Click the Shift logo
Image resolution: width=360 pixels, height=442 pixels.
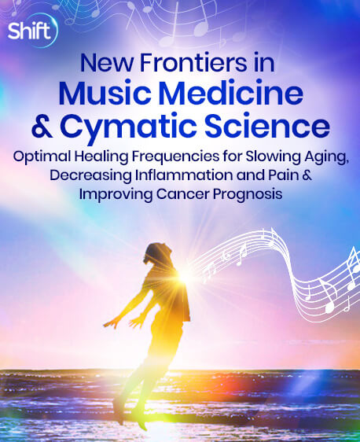[32, 30]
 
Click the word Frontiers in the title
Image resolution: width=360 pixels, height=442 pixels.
[193, 63]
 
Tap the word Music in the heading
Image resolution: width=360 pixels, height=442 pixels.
[105, 94]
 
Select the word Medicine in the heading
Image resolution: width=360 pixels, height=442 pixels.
[231, 94]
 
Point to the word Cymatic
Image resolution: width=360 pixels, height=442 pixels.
[128, 127]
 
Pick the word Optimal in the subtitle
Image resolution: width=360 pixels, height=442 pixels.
[42, 157]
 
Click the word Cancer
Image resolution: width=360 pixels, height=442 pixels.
[183, 194]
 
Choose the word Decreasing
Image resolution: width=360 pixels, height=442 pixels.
[90, 176]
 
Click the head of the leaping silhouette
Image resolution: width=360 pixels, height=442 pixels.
[156, 253]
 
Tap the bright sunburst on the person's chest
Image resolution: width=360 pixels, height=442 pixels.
[183, 275]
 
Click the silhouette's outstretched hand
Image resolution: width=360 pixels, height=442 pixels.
[109, 325]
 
